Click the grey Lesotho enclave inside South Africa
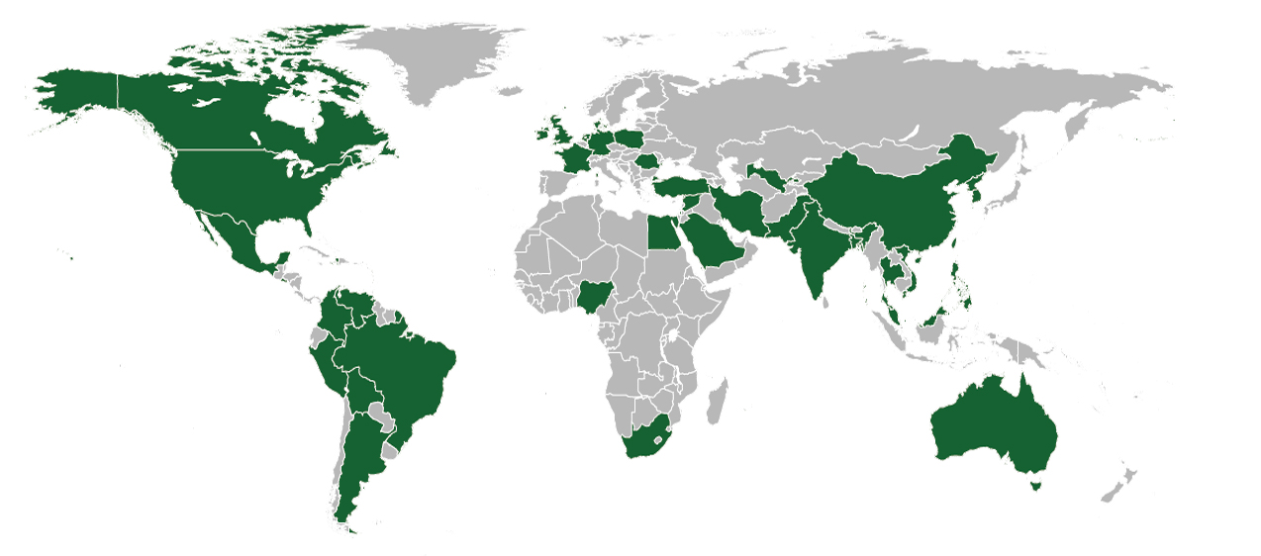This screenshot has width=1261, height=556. [x=657, y=438]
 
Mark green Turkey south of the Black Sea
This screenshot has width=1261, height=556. [x=682, y=186]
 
